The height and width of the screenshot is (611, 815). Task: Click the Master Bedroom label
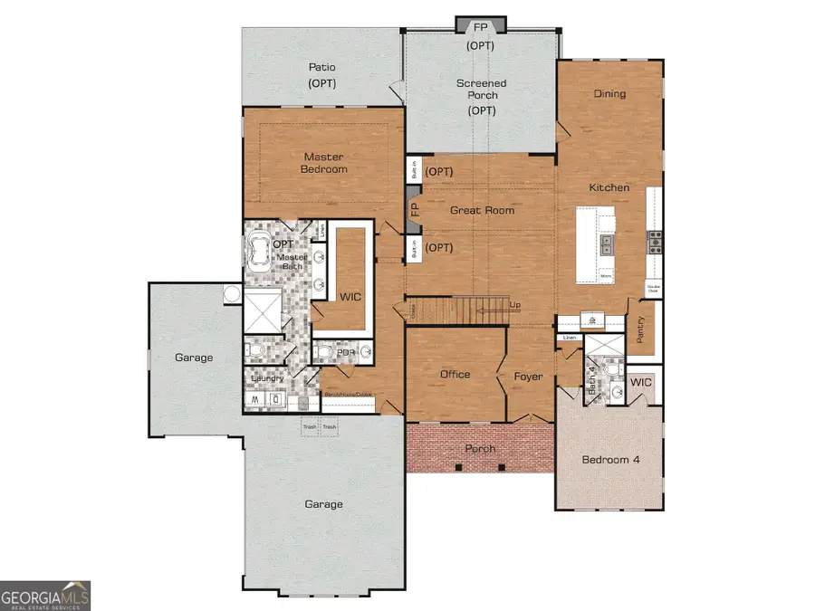pyautogui.click(x=324, y=162)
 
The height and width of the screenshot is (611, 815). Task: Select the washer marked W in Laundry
pyautogui.click(x=254, y=399)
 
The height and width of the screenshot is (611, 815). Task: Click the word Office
pyautogui.click(x=455, y=374)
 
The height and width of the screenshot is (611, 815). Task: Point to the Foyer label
pyautogui.click(x=528, y=376)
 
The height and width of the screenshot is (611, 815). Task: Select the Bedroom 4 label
pyautogui.click(x=610, y=460)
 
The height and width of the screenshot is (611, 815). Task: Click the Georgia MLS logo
pyautogui.click(x=45, y=595)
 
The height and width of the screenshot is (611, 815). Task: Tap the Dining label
pyautogui.click(x=609, y=93)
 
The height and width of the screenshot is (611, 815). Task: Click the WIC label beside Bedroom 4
pyautogui.click(x=642, y=383)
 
